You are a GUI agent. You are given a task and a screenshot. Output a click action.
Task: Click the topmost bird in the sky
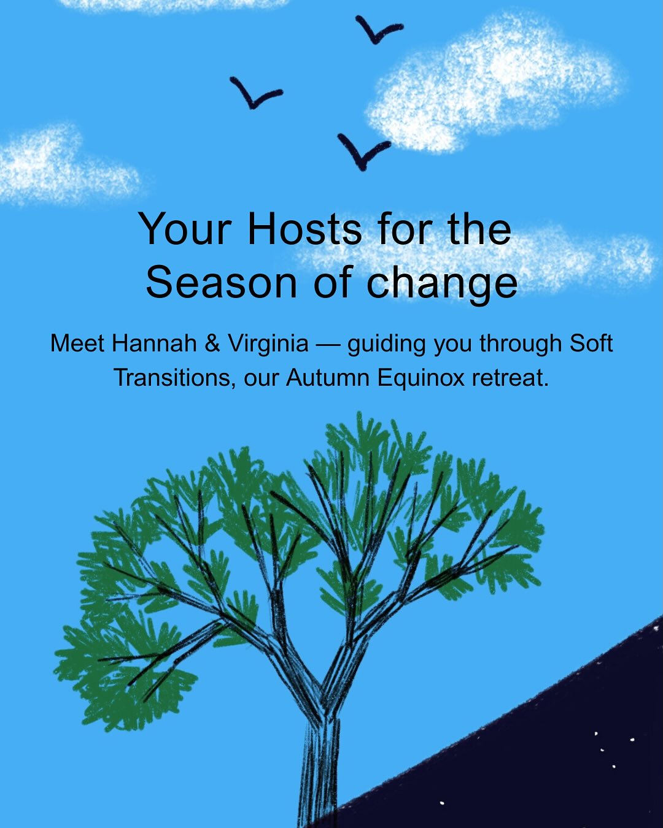tap(377, 30)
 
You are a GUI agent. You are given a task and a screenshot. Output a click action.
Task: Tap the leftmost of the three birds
tap(254, 93)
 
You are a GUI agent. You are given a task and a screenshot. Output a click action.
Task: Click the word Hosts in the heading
tap(304, 229)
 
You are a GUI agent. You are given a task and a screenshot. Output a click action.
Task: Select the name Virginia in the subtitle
tap(268, 343)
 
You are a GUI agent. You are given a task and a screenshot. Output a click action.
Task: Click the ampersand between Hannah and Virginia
tap(212, 343)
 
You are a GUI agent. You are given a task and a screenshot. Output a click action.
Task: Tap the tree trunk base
tap(318, 797)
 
